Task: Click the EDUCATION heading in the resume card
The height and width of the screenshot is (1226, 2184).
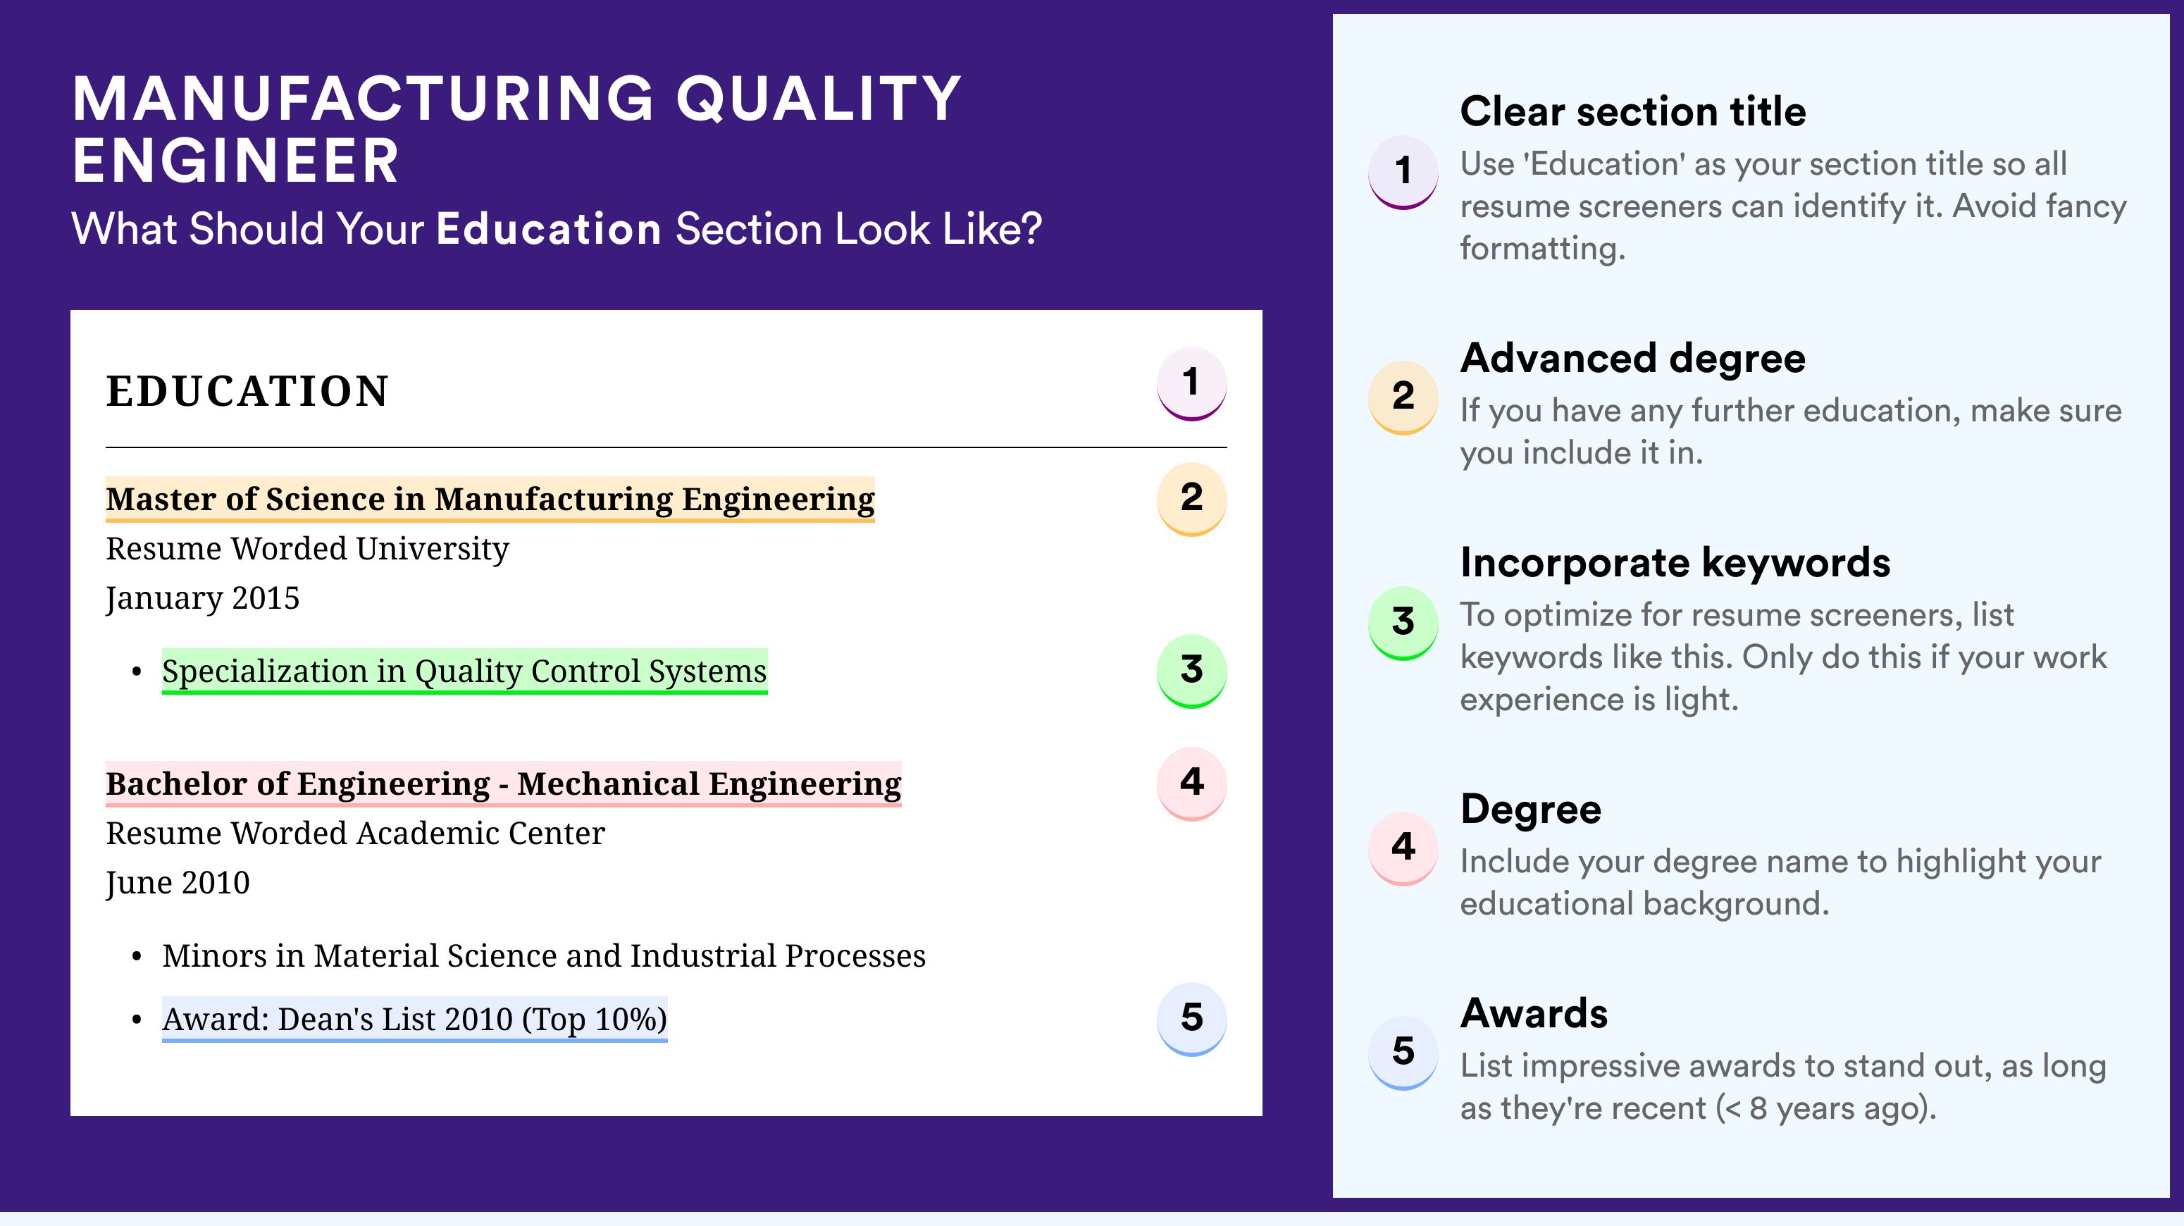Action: tap(247, 392)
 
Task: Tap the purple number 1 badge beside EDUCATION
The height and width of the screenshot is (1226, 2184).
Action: tap(1191, 383)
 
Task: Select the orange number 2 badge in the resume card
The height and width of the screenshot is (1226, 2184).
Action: tap(1191, 499)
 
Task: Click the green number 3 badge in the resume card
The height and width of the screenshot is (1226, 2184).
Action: tap(1191, 671)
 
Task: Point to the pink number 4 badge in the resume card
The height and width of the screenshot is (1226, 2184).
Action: tap(1191, 784)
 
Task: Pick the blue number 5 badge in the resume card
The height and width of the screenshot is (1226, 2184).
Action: tap(1191, 1018)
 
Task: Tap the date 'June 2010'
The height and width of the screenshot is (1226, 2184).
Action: tap(178, 884)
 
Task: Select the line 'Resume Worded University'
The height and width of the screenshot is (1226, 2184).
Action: tap(308, 550)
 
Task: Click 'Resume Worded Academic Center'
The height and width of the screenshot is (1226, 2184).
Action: tap(355, 834)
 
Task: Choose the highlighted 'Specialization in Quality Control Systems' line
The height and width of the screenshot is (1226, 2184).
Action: tap(464, 671)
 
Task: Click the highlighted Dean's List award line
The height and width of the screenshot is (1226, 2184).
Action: tap(414, 1019)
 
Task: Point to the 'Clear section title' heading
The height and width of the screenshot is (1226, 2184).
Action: tap(1633, 111)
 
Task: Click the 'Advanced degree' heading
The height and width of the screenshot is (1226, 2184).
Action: tap(1633, 359)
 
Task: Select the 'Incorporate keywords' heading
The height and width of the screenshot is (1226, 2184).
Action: tap(1675, 563)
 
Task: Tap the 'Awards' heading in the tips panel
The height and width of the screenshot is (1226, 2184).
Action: tap(1534, 1013)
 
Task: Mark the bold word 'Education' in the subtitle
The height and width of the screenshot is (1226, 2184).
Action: tap(549, 229)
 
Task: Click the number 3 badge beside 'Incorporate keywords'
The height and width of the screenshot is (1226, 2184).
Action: tap(1403, 622)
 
